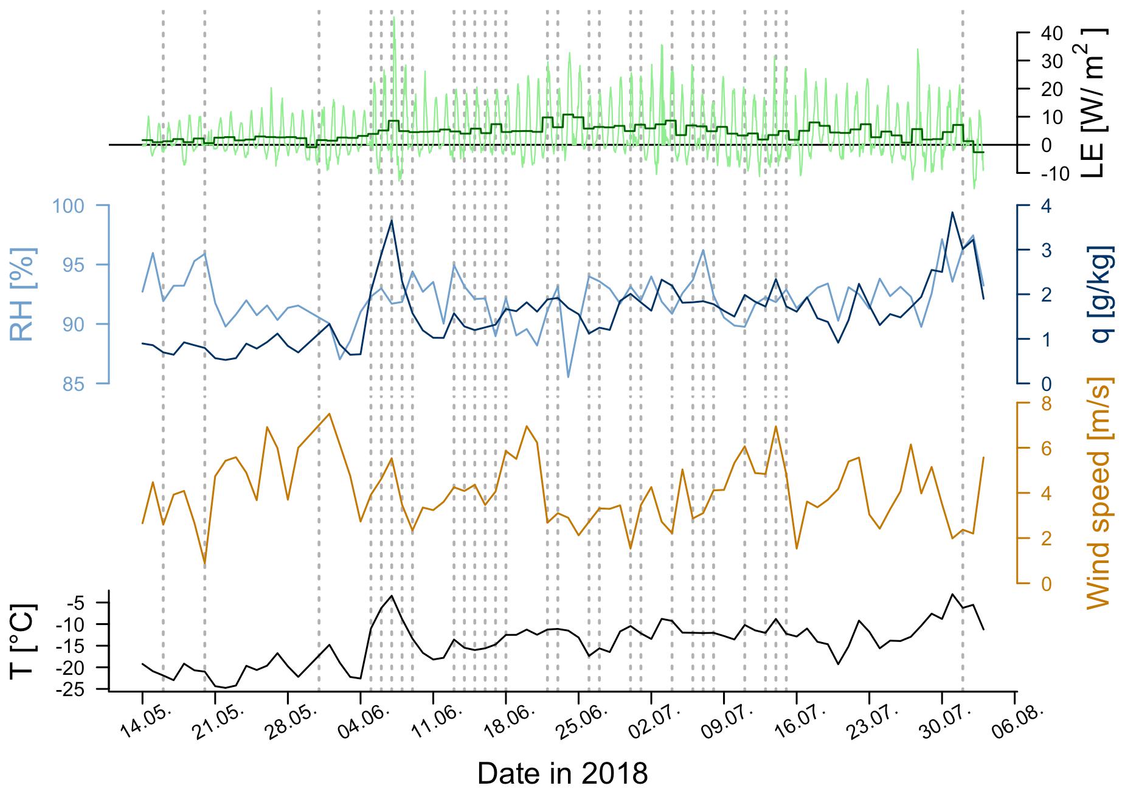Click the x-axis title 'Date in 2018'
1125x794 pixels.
pos(562,774)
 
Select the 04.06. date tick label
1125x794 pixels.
pos(363,723)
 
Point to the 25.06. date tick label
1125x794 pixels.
pos(581,723)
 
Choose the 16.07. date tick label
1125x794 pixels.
pos(800,723)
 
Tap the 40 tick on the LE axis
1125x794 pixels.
pos(1051,33)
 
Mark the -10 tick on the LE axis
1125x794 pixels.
pos(1054,174)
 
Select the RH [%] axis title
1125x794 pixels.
pos(22,294)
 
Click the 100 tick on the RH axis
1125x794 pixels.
pos(68,206)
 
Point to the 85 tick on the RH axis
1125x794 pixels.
pos(73,384)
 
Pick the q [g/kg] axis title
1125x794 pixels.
pos(1102,294)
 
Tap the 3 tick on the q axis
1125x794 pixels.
pos(1046,250)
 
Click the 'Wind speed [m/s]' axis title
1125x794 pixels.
pos(1098,492)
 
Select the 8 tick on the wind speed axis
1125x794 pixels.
pos(1046,404)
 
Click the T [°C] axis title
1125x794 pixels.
pos(22,641)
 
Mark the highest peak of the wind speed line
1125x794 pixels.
pos(329,413)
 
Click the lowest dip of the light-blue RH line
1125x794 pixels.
pos(568,377)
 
